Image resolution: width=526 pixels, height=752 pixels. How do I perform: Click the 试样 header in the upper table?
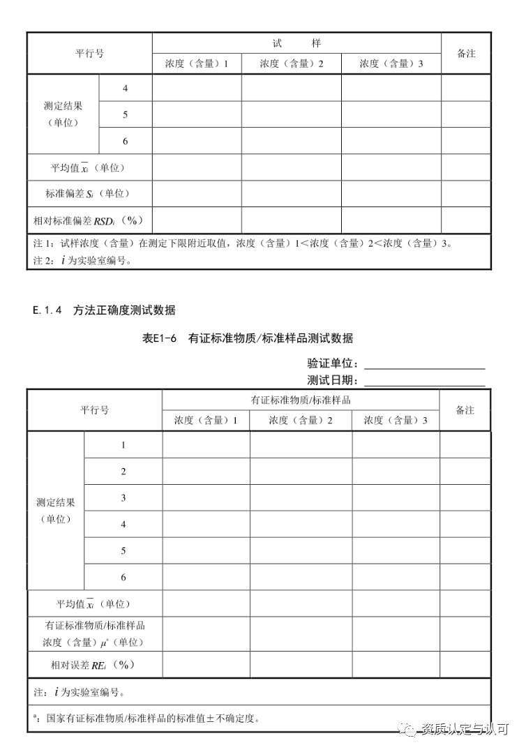coord(296,43)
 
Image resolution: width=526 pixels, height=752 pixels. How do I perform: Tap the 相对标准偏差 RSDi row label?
coord(89,220)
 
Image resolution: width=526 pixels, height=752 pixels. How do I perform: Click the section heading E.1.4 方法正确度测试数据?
coord(104,310)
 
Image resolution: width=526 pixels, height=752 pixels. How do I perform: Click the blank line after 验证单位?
coord(424,363)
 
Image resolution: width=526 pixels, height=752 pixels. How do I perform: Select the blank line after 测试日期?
coord(424,380)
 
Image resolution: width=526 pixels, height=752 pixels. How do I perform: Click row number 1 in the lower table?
coord(123,445)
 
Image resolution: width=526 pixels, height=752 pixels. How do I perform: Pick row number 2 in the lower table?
coord(123,472)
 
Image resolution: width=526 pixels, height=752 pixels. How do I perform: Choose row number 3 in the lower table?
coord(123,498)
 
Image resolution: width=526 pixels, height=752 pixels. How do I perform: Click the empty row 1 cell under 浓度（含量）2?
coord(301,445)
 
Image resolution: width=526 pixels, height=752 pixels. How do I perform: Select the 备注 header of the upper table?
coord(466,53)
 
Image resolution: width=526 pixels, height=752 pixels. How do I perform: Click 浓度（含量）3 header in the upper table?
coord(391,63)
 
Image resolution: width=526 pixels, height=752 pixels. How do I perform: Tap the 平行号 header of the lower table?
coord(95,410)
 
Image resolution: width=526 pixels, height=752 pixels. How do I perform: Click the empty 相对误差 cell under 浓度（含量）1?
coord(206,665)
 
